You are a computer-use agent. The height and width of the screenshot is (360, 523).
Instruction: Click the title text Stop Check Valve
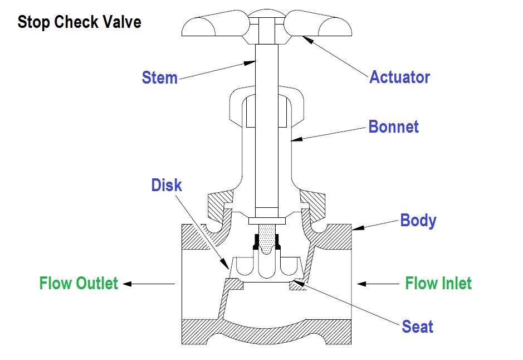(79, 22)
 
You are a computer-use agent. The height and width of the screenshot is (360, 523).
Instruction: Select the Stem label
(159, 77)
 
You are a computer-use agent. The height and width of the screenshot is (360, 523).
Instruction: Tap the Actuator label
(399, 77)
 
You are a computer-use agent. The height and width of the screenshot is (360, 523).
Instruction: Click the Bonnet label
(393, 127)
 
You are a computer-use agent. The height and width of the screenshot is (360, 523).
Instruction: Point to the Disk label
(166, 185)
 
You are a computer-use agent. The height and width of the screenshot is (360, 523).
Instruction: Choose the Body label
(418, 220)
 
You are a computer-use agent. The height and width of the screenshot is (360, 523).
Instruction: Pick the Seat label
(417, 326)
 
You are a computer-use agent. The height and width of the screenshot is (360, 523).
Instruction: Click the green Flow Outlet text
(79, 283)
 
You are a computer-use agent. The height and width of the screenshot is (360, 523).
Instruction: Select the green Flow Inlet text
(438, 283)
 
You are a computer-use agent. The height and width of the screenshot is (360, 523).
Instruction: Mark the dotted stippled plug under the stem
(266, 236)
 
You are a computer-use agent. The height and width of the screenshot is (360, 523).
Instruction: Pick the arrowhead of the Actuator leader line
(304, 37)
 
